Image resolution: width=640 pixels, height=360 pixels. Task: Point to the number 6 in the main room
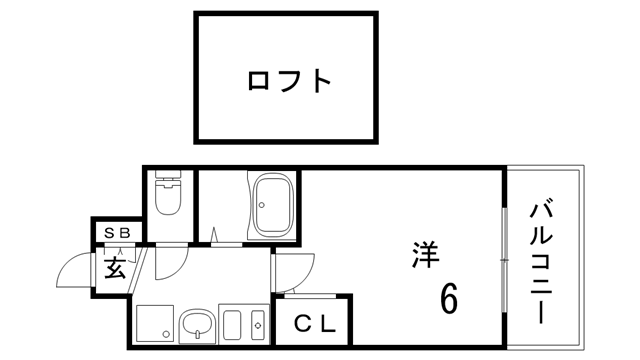[x=448, y=297]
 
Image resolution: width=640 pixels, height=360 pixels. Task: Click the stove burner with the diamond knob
[x=258, y=326]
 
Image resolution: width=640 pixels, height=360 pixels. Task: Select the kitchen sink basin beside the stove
[x=232, y=326]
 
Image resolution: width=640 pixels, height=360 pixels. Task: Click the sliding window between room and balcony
[x=502, y=255]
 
